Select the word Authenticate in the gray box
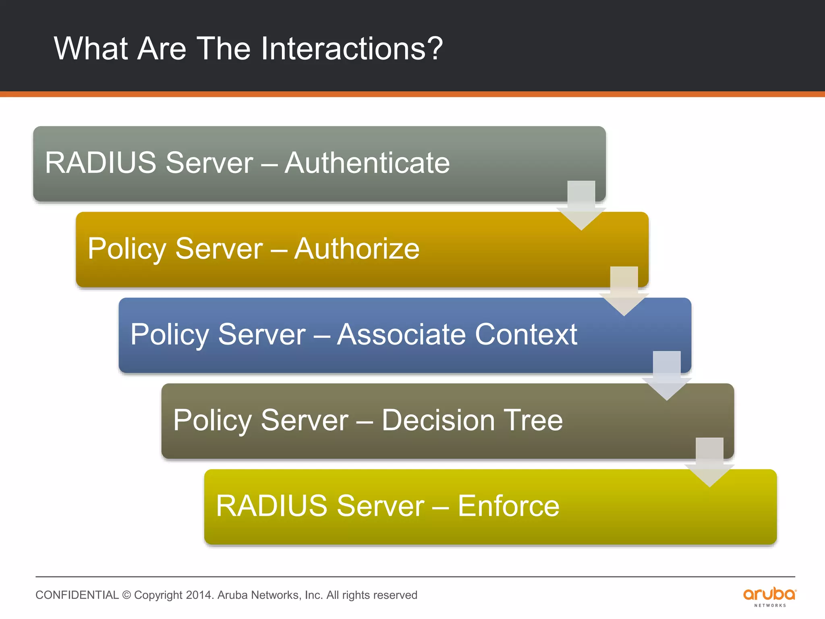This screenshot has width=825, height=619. click(367, 163)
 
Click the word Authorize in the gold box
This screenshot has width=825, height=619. click(357, 249)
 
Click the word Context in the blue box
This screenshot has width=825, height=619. click(526, 334)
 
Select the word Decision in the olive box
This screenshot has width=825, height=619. click(438, 420)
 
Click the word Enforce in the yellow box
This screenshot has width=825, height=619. click(508, 506)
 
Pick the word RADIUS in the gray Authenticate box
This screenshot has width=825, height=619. click(101, 163)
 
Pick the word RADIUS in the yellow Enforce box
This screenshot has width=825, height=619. click(272, 506)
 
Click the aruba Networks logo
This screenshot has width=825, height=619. click(769, 596)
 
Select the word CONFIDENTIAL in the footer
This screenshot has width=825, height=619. click(77, 595)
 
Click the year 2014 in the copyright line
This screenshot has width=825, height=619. click(199, 595)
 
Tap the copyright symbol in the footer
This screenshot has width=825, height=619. click(126, 595)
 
